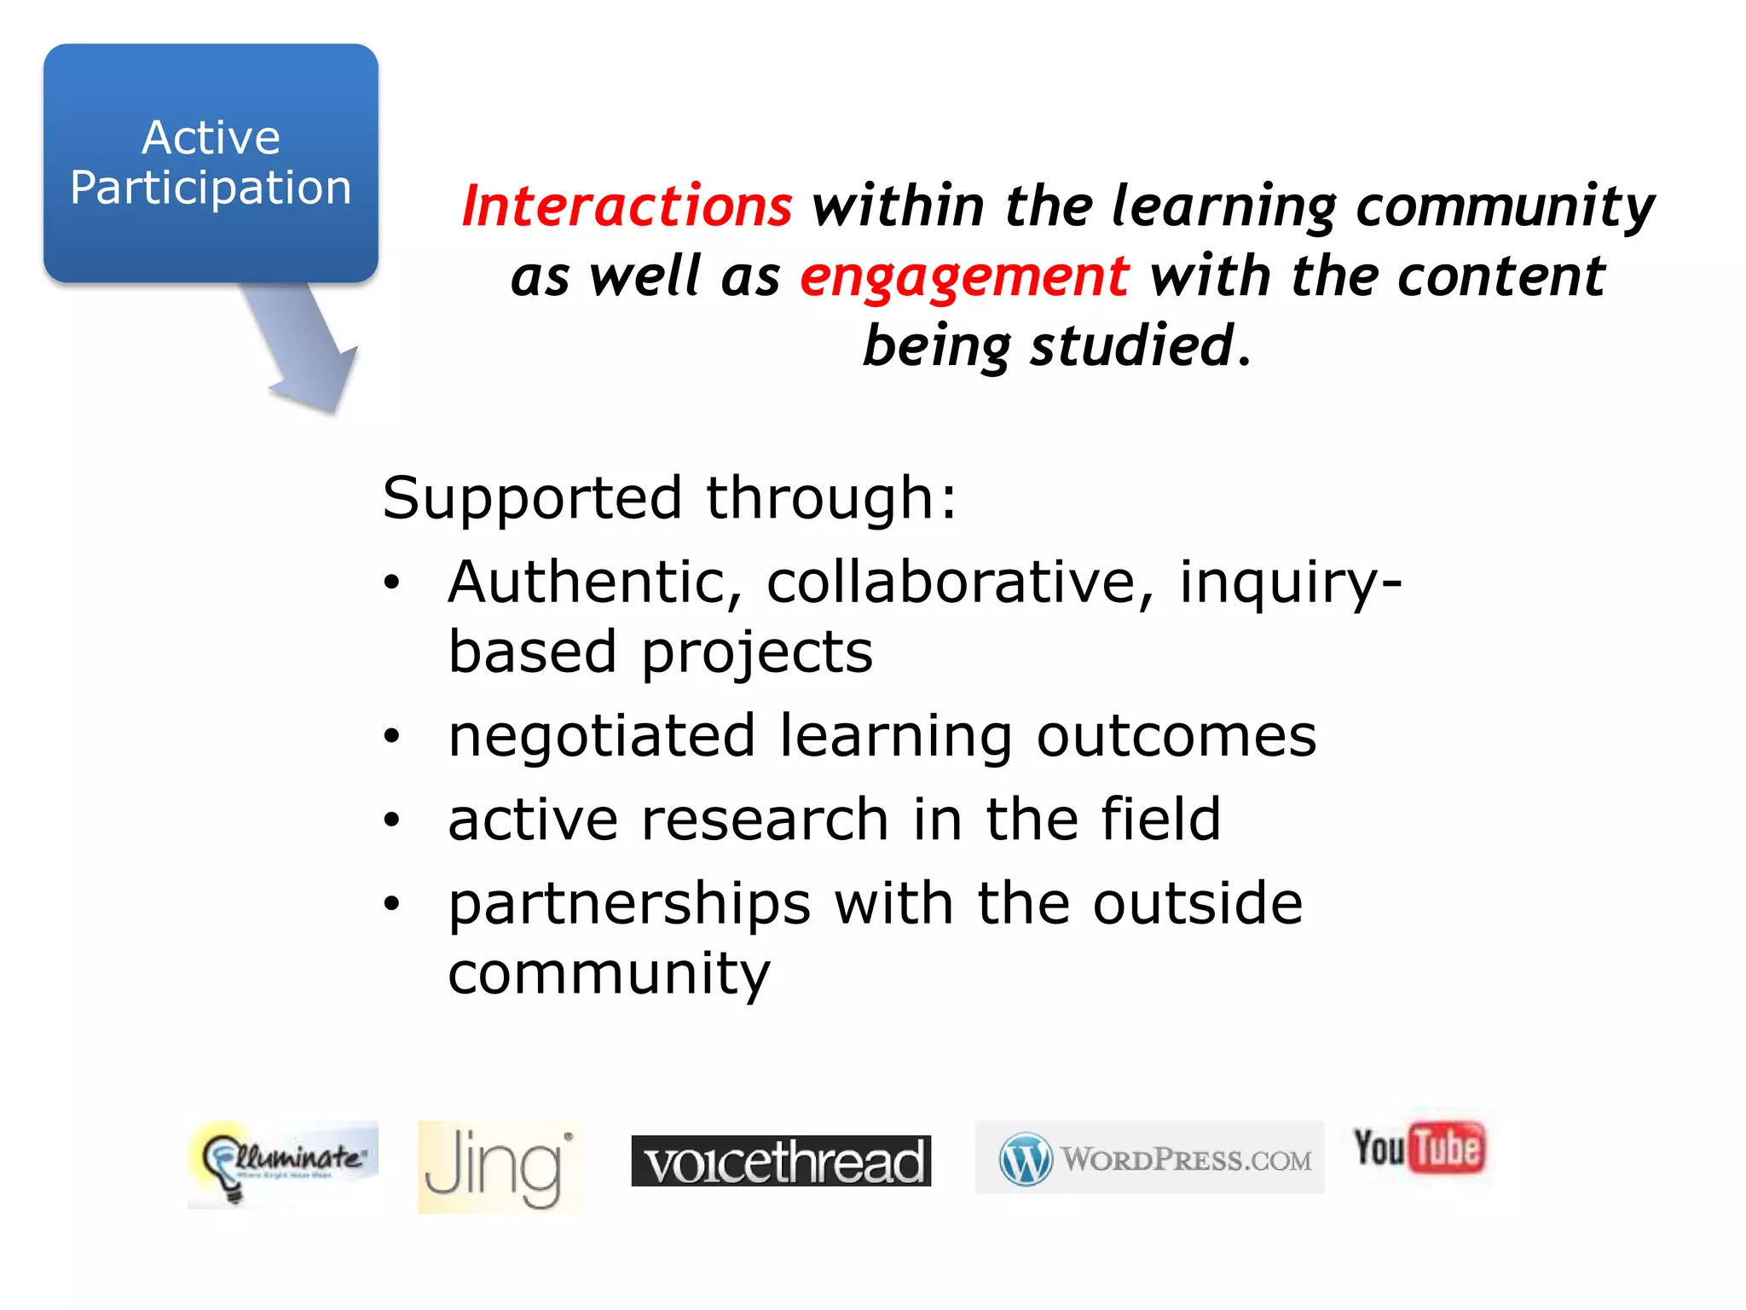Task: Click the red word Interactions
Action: (627, 206)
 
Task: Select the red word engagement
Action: (964, 277)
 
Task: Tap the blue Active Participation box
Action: (211, 163)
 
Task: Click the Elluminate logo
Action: (282, 1163)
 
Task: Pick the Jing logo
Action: (499, 1167)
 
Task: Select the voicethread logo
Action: (781, 1161)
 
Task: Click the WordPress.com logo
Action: (1149, 1157)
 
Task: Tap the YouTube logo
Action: (1419, 1148)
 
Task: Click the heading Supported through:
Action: (669, 498)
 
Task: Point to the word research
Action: (764, 820)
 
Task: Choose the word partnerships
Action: (629, 904)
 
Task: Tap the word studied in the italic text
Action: (1133, 347)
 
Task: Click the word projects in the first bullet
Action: (757, 652)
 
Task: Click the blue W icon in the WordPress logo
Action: (1026, 1159)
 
